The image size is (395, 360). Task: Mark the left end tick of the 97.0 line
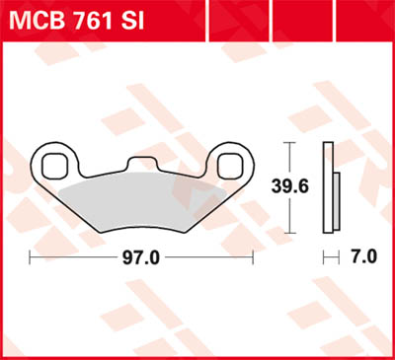point(32,258)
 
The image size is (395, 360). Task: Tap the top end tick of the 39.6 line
point(289,144)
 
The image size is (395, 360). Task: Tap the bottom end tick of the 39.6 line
point(289,228)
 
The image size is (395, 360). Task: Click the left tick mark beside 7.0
point(326,258)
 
